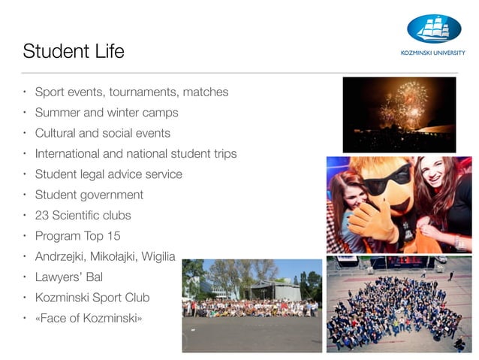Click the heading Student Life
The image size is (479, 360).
tap(74, 52)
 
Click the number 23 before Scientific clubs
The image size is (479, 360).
tap(42, 215)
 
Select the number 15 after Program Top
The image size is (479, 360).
tap(113, 235)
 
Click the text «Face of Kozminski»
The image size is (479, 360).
tap(89, 318)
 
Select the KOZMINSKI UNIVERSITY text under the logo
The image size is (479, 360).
tap(433, 53)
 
